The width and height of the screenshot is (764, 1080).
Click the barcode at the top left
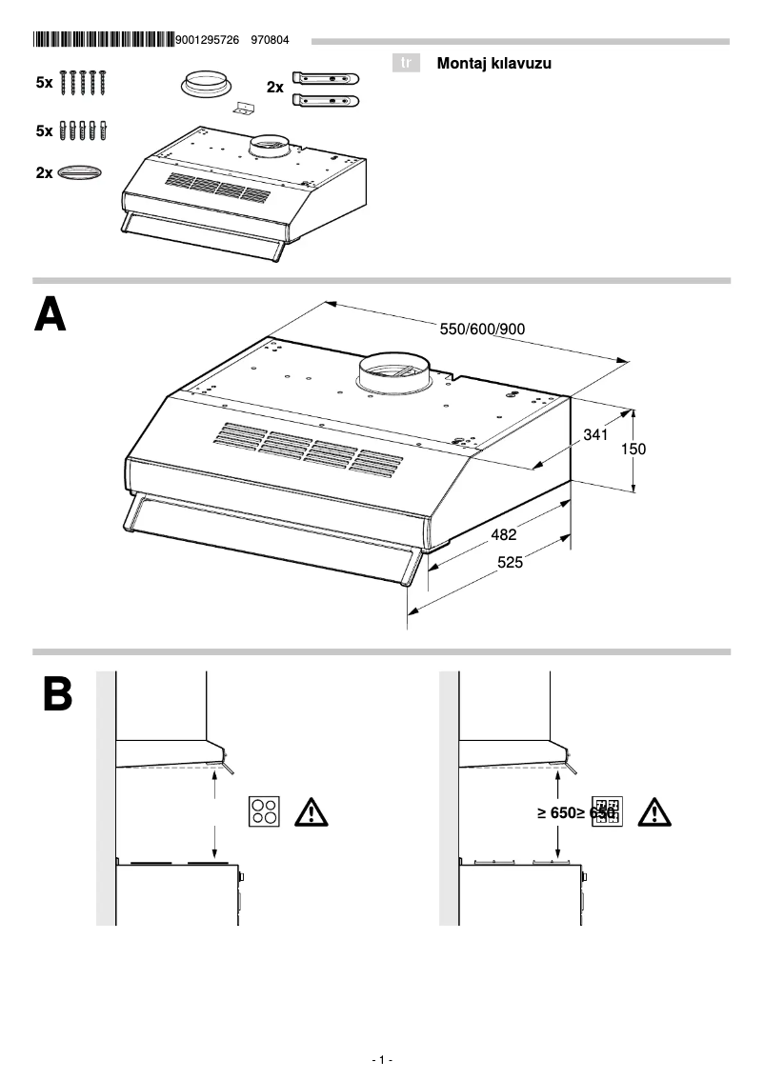pos(103,40)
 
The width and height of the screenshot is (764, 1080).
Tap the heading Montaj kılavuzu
pos(493,64)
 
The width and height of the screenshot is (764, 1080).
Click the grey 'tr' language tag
pos(407,64)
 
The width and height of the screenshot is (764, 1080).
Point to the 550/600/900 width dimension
pos(482,330)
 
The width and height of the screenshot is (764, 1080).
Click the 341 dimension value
pos(595,435)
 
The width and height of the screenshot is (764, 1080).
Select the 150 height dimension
pos(633,449)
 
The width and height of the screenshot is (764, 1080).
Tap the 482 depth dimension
pos(504,535)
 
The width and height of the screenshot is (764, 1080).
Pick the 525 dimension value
pos(511,563)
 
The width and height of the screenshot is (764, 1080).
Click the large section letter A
pos(50,315)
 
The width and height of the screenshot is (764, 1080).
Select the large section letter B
pos(57,695)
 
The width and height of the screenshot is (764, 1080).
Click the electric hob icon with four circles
pos(265,811)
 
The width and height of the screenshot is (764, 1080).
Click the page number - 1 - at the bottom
pos(381,1060)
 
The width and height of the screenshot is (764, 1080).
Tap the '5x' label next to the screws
pos(45,84)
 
